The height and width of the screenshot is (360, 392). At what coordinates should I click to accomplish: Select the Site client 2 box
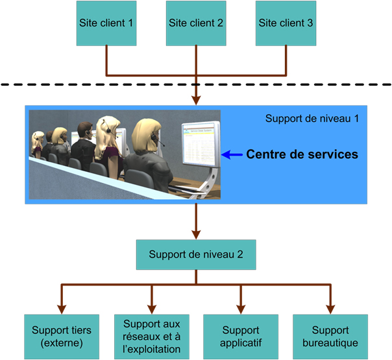[196, 23]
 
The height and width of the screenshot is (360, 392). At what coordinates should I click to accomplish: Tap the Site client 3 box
[286, 23]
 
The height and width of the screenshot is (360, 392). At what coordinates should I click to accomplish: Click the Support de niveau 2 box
[196, 254]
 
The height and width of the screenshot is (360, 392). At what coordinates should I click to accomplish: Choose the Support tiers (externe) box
[62, 336]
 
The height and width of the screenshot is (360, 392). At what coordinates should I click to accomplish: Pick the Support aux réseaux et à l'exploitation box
[151, 336]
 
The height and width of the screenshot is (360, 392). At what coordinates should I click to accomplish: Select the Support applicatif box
[241, 336]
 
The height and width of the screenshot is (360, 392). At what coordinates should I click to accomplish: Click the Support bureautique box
[330, 336]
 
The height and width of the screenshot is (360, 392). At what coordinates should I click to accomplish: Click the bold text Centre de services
[302, 155]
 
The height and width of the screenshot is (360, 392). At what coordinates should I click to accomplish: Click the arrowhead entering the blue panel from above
[196, 100]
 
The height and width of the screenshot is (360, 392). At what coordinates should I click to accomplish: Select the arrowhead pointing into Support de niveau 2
[196, 234]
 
